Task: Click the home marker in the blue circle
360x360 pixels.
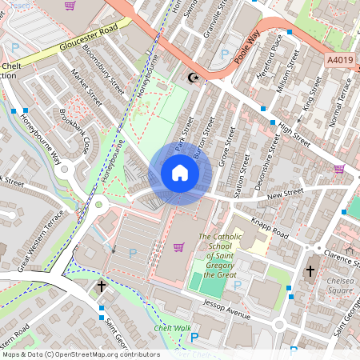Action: click(x=180, y=173)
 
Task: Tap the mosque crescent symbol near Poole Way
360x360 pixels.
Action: click(x=191, y=78)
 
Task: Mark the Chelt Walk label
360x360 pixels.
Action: click(x=172, y=328)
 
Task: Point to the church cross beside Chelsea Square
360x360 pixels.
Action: click(x=310, y=271)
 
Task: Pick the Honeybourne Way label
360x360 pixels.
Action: click(x=31, y=149)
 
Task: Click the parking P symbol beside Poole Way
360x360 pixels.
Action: click(x=225, y=54)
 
